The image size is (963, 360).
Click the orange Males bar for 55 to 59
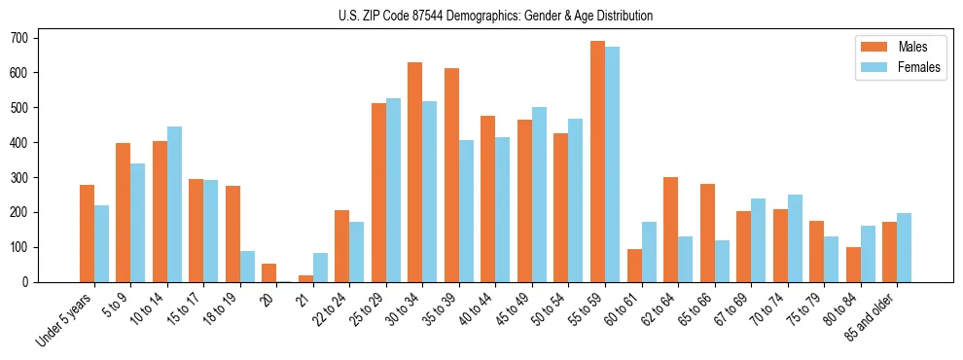click(597, 162)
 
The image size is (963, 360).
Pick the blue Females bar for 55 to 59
click(612, 164)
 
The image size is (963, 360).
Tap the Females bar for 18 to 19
click(247, 267)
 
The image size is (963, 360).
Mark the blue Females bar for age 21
click(320, 268)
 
